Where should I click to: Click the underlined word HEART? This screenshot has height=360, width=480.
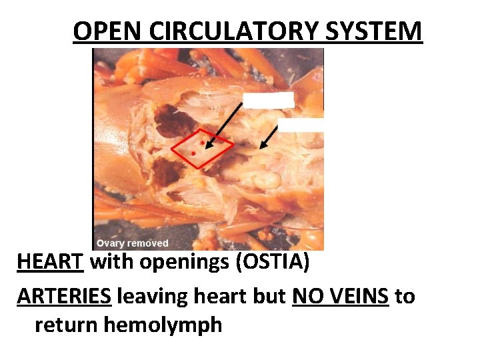click(50, 262)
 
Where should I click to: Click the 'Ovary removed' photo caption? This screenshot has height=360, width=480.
click(132, 243)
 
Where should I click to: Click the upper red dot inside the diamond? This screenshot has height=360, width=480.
click(202, 143)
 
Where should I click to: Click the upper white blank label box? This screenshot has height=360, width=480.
click(268, 100)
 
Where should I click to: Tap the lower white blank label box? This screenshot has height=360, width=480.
click(301, 125)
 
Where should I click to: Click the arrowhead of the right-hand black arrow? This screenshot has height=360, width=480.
click(261, 145)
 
